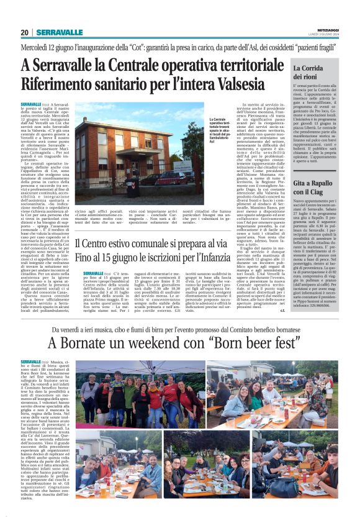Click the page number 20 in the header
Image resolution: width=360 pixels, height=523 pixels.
pyautogui.click(x=25, y=32)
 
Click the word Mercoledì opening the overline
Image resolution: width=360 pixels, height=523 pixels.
pyautogui.click(x=38, y=47)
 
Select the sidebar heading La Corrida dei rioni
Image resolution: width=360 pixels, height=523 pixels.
pyautogui.click(x=307, y=71)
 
